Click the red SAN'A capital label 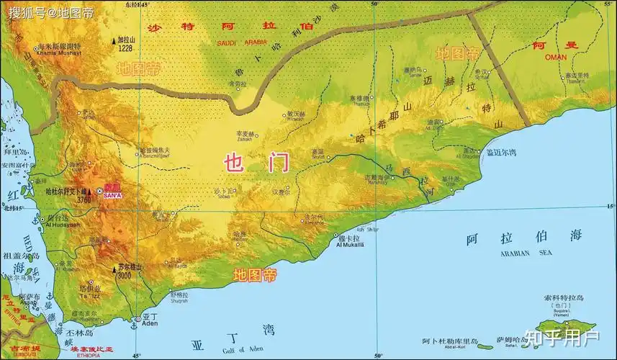point(113,196)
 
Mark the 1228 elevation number point(127,48)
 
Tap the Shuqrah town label point(179,302)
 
